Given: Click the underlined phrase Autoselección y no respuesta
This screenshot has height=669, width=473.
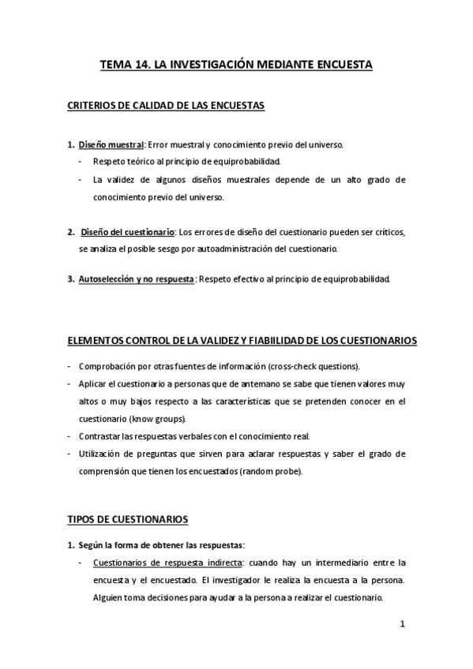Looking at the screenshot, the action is pos(136,278).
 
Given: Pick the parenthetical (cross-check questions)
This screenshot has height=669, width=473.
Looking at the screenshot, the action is pos(314,367).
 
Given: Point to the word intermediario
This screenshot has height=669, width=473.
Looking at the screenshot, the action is pos(336,562).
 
